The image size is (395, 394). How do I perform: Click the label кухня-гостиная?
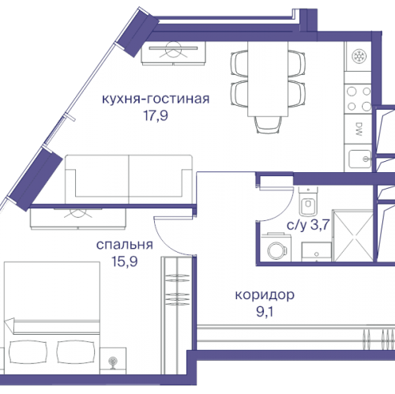(x=155, y=99)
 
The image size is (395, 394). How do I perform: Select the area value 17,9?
(x=155, y=114)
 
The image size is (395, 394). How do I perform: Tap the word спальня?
(x=123, y=245)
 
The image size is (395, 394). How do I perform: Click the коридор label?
(x=265, y=295)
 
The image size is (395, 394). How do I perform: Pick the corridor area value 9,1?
(x=266, y=311)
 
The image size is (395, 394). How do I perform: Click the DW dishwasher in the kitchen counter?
(x=358, y=127)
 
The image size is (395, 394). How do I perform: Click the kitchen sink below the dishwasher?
(x=357, y=156)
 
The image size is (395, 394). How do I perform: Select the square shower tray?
(x=353, y=235)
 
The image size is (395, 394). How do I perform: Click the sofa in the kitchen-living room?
(x=128, y=178)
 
